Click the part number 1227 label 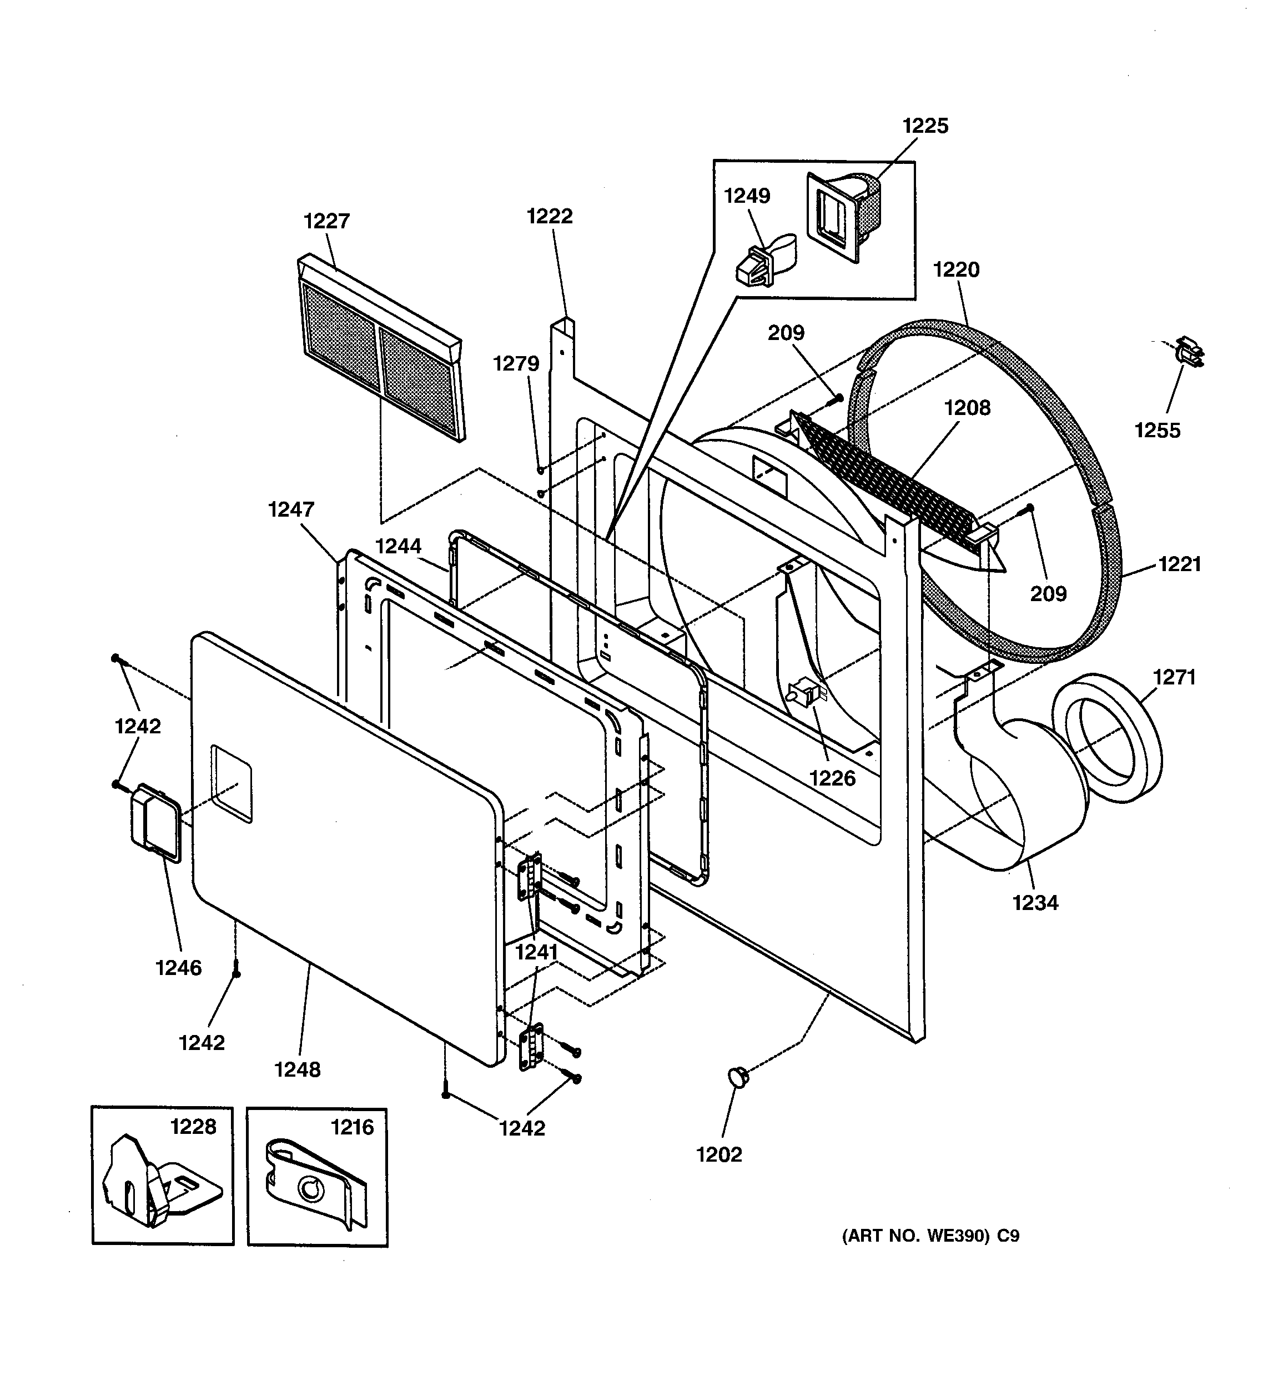coord(326,221)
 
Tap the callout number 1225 coord(925,126)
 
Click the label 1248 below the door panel coord(297,1070)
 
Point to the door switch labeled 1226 coord(803,692)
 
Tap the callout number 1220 coord(956,270)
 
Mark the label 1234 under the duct coord(1035,903)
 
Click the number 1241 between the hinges coord(536,952)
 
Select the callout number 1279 coord(516,364)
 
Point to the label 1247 coord(291,510)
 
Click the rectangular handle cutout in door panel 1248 coord(232,784)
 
